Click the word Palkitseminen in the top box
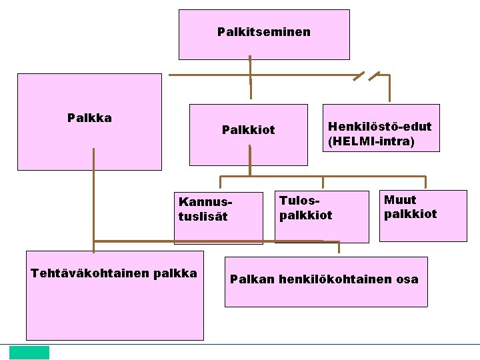263,32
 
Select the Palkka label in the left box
89,119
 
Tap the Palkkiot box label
248,130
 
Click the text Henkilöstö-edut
379,126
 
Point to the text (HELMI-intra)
371,141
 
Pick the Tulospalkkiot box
321,216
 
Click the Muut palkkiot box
423,215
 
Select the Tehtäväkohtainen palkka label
114,273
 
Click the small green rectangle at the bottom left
29,352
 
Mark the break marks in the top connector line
366,75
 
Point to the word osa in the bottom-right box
407,279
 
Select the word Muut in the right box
400,200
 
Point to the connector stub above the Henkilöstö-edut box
390,89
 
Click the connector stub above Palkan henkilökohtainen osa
339,247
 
